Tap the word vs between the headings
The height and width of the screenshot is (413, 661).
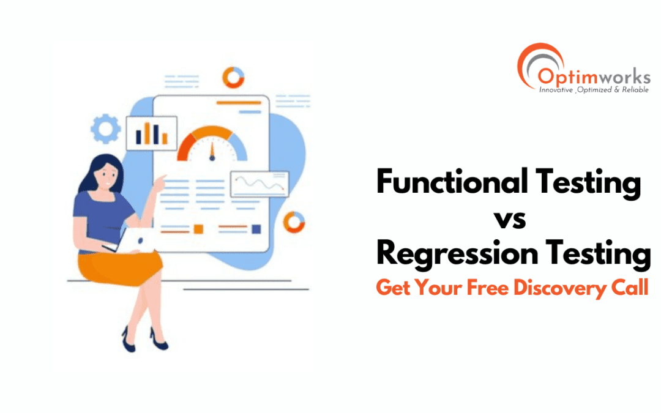tap(509, 218)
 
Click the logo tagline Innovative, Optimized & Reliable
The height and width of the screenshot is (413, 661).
tap(585, 91)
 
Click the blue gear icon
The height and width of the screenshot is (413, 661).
tap(105, 128)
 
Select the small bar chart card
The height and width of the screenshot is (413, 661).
tap(151, 133)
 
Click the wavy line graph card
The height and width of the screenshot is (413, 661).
tap(259, 184)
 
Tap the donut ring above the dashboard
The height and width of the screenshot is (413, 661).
tap(233, 76)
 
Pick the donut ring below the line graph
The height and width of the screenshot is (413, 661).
tap(295, 221)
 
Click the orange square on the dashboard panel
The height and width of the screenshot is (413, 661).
tap(198, 229)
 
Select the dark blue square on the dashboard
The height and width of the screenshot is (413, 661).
tap(256, 229)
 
